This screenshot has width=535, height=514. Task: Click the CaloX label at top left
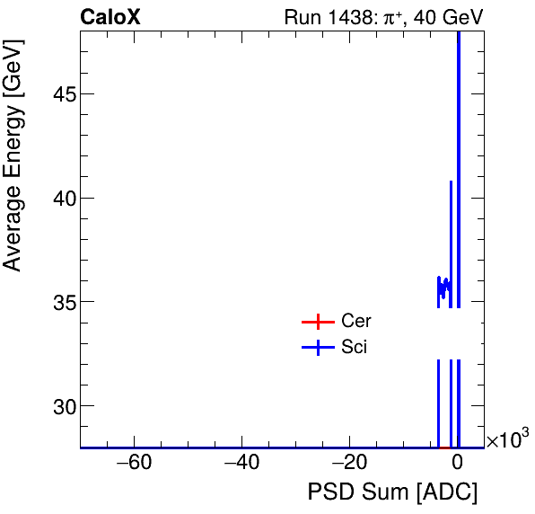click(110, 16)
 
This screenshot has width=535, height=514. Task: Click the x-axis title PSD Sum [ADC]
click(392, 492)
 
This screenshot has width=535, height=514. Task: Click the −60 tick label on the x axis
click(129, 463)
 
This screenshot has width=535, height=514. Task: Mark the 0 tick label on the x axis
click(458, 463)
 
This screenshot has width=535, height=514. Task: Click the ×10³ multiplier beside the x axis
click(508, 439)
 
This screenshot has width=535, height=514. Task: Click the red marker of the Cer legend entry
click(318, 322)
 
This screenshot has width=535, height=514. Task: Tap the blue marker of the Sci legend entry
click(318, 348)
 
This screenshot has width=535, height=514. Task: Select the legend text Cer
click(356, 322)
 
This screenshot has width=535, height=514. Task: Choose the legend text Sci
click(355, 348)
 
